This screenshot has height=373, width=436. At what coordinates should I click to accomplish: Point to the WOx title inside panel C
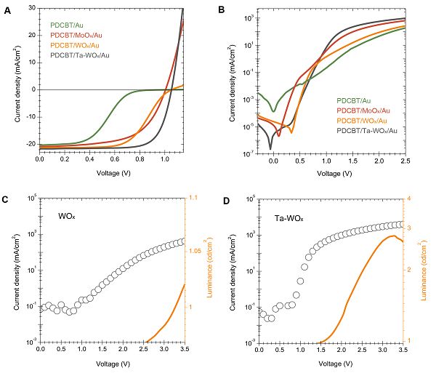point(70,216)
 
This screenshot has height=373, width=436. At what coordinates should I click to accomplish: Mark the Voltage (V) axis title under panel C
point(110,362)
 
